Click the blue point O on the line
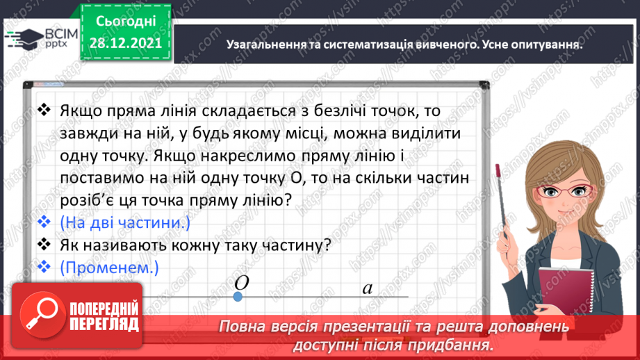coord(238,297)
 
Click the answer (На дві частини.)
coord(124,224)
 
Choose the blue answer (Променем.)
coord(110,267)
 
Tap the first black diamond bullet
coord(45,111)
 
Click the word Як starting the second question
coord(72,245)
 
